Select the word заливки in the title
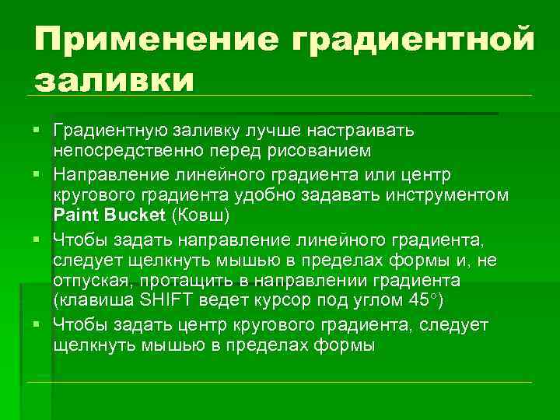(113, 79)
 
